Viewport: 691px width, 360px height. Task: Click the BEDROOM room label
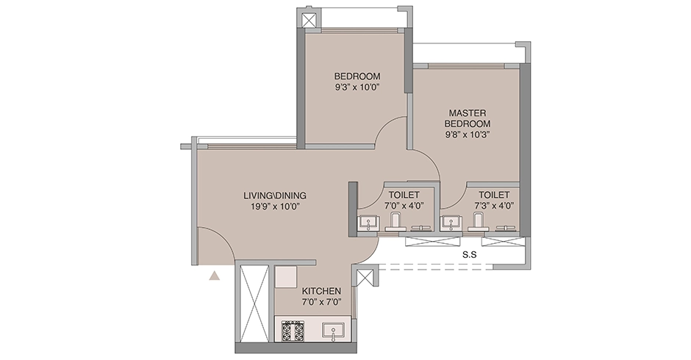(x=357, y=76)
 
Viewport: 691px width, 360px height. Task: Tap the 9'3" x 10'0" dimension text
(x=357, y=87)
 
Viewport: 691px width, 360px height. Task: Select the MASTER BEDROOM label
(x=467, y=118)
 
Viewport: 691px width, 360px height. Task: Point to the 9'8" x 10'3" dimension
(x=467, y=135)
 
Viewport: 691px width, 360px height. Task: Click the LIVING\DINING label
(x=275, y=195)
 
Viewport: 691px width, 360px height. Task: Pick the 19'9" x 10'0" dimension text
(x=275, y=206)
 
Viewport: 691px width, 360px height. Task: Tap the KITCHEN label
(x=321, y=291)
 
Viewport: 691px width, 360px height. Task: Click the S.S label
(x=469, y=255)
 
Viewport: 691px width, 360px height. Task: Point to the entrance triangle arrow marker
(x=214, y=276)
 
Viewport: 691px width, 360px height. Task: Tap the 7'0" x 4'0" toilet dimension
(x=404, y=205)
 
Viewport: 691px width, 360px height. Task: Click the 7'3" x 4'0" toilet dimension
(x=494, y=205)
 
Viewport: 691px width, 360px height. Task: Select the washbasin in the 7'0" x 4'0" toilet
(x=367, y=223)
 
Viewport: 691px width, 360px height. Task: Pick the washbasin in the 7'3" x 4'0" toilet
(x=451, y=223)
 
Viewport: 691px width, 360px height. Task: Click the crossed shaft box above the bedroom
(x=309, y=21)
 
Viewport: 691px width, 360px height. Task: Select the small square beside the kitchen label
(x=286, y=277)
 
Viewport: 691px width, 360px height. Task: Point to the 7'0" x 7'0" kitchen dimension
(x=322, y=302)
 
